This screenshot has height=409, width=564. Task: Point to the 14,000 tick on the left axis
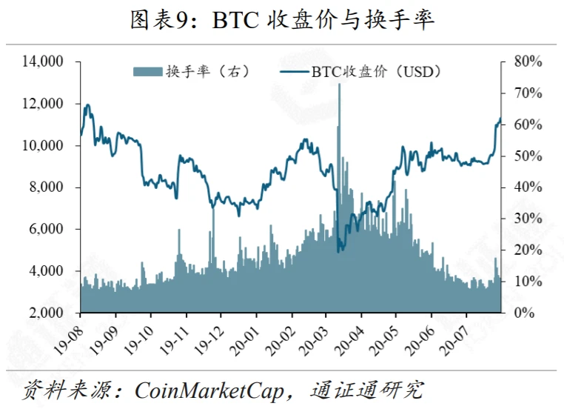coord(43,61)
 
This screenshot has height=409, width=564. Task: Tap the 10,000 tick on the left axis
coord(43,146)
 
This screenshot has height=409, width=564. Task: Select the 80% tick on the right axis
coord(528,61)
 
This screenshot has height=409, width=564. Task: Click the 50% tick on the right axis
coord(528,156)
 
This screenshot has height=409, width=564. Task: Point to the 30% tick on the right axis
coord(528,219)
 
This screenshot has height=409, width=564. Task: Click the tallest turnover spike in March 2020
coord(339,86)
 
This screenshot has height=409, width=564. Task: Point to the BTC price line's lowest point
coord(338,251)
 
